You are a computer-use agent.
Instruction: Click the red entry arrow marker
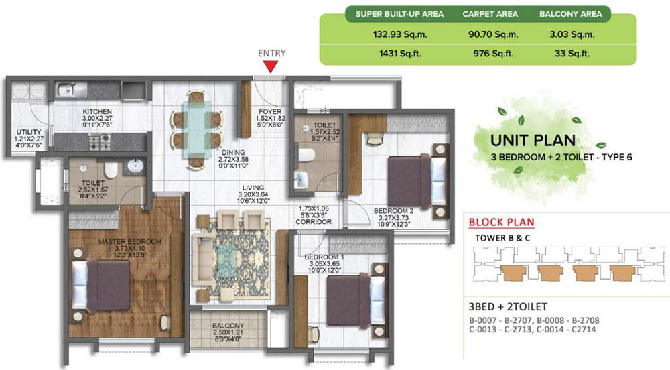click(x=271, y=66)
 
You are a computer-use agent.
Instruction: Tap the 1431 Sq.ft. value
click(x=400, y=54)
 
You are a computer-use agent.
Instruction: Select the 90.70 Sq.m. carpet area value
click(x=493, y=34)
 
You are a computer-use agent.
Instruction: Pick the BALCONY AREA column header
click(x=570, y=14)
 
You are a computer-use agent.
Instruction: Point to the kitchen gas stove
click(x=100, y=141)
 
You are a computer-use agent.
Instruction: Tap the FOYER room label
click(x=270, y=111)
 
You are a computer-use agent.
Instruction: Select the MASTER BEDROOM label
click(x=130, y=242)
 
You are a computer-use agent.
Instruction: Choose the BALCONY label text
click(x=228, y=326)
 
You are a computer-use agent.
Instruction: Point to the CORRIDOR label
click(x=314, y=222)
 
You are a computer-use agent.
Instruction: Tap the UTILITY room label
click(x=29, y=132)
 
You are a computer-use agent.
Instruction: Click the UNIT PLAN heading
click(x=533, y=141)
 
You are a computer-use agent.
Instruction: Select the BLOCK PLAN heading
click(x=501, y=222)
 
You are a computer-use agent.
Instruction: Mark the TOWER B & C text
click(x=503, y=238)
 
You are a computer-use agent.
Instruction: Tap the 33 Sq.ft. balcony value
click(x=572, y=54)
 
